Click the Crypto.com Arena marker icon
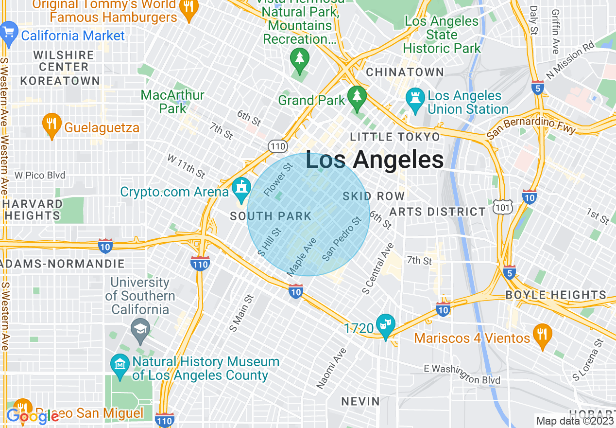[241, 189]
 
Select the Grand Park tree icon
[357, 97]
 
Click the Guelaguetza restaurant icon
[51, 124]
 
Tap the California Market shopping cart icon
[8, 33]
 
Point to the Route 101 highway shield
[501, 207]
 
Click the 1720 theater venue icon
[387, 324]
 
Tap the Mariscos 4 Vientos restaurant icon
[542, 335]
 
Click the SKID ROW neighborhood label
[374, 196]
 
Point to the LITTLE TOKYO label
[395, 137]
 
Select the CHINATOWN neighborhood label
[405, 72]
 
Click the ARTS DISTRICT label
[437, 212]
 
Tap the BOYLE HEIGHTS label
[556, 295]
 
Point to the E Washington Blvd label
[462, 374]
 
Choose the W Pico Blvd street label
[40, 175]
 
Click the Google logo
[32, 416]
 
